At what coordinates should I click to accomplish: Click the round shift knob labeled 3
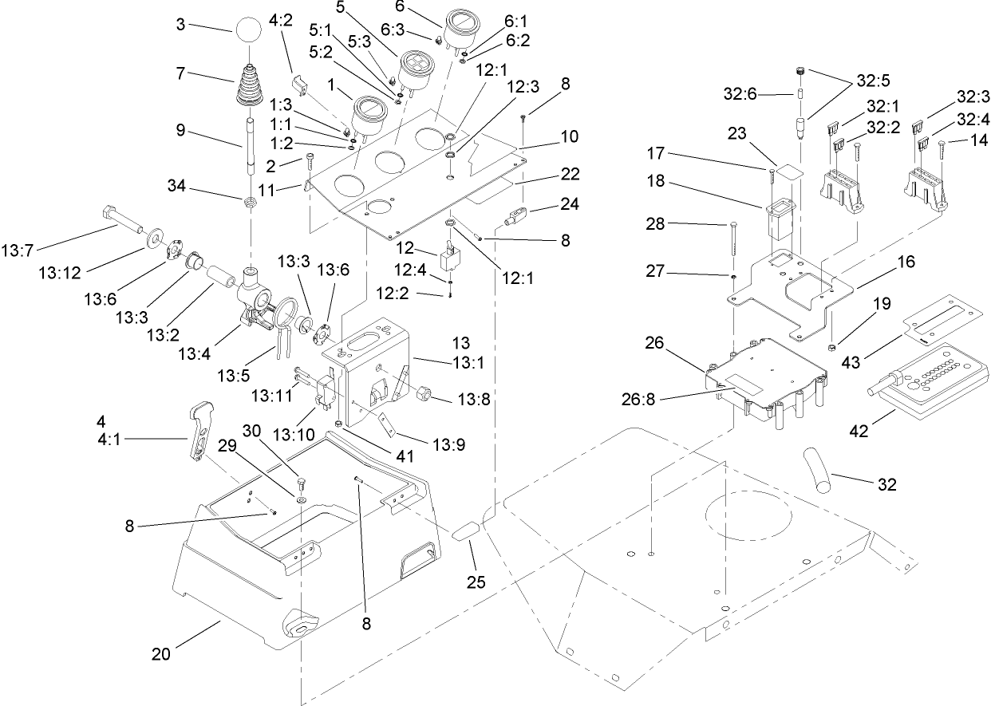click(x=248, y=34)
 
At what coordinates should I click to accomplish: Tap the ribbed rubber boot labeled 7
click(x=249, y=86)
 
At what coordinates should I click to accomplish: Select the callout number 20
click(x=162, y=654)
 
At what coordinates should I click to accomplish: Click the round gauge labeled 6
click(x=460, y=30)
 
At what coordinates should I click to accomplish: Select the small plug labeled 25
click(x=468, y=531)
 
